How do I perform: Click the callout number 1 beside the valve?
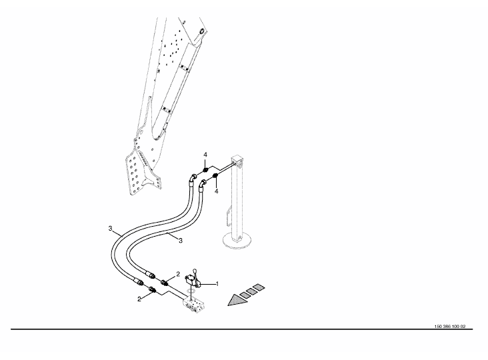(219, 283)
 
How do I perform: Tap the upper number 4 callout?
(206, 155)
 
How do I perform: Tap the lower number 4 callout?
(217, 191)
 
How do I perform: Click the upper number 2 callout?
(178, 274)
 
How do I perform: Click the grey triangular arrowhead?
(235, 300)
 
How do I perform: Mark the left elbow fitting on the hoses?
(192, 177)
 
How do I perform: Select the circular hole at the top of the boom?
(201, 31)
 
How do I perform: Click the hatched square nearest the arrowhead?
(245, 293)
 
